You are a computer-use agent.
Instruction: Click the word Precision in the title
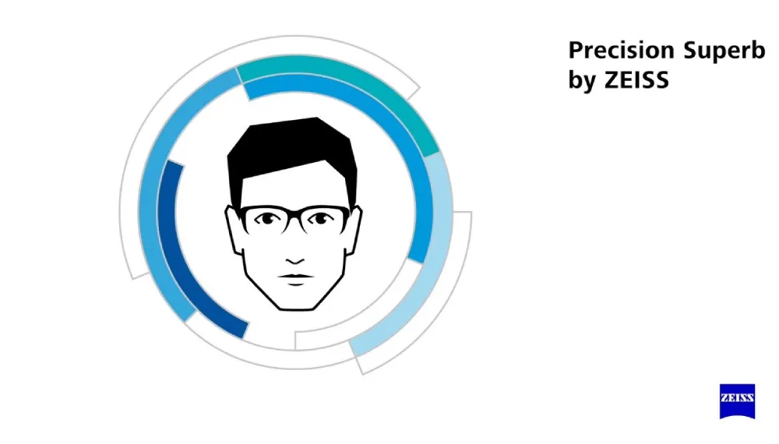point(622,50)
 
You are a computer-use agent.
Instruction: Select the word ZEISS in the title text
point(636,80)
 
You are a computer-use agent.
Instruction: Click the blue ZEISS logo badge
point(737,401)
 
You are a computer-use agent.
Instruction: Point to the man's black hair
point(292,149)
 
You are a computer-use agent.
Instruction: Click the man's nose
point(295,259)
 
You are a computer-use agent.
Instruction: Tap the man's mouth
point(295,278)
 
